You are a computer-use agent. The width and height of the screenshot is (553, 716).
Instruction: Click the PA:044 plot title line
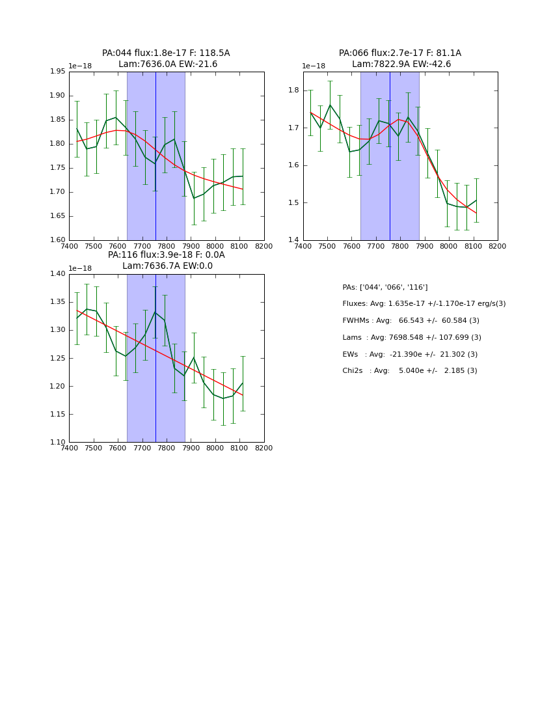tap(166, 53)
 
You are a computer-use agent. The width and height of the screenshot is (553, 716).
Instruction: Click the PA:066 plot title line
tap(399, 53)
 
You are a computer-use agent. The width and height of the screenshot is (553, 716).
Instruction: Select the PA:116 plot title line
tap(166, 255)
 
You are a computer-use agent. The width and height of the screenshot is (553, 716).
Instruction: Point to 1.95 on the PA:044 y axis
tap(58, 72)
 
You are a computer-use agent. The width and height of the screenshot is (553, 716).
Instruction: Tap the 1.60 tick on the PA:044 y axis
tap(58, 240)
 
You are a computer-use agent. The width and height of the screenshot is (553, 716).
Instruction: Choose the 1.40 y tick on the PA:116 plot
tap(58, 274)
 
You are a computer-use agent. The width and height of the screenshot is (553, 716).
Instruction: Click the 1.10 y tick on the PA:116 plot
tap(58, 443)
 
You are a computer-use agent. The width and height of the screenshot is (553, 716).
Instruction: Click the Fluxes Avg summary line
tap(424, 304)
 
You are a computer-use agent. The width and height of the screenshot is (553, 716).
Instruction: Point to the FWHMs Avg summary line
tap(411, 321)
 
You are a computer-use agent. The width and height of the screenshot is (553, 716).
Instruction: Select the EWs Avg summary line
tap(410, 355)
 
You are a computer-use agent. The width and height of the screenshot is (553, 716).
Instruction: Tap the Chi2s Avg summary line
tap(410, 371)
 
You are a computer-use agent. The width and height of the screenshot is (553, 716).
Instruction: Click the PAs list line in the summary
tap(385, 288)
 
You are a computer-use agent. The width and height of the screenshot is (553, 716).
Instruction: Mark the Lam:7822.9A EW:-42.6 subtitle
tap(401, 64)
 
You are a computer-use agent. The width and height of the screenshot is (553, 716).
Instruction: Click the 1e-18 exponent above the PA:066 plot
tap(314, 66)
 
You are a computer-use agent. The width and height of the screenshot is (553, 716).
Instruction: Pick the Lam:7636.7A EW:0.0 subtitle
tap(167, 266)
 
